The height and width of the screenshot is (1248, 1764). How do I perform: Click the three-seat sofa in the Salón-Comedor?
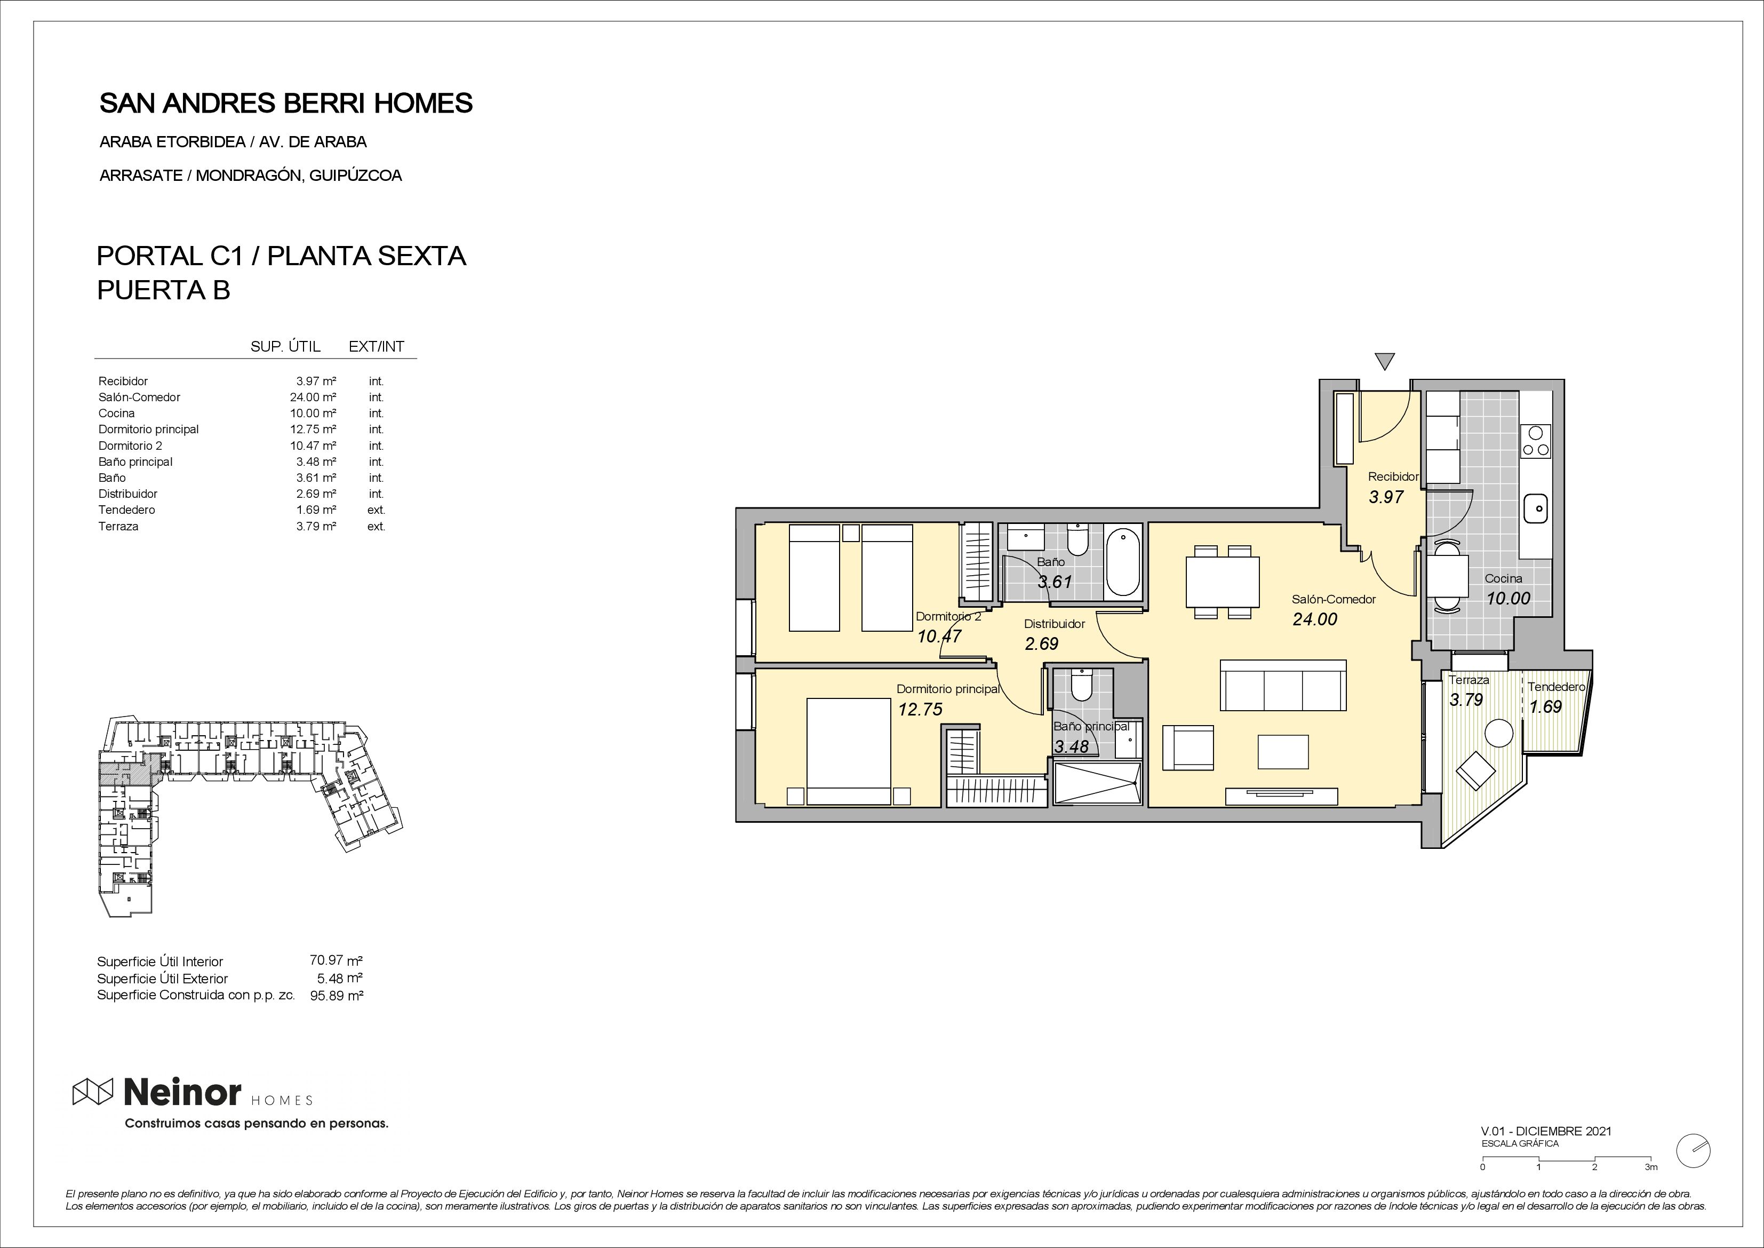tap(1283, 686)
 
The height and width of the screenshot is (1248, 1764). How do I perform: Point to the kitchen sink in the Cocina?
tap(1535, 507)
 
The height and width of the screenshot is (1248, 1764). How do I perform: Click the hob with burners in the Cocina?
tap(1535, 442)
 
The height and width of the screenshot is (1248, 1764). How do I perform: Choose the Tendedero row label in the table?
tap(127, 510)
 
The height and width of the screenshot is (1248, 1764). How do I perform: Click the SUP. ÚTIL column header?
tap(285, 346)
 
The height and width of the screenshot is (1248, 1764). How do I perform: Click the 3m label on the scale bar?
tap(1651, 1188)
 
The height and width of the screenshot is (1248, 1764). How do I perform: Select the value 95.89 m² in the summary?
tap(334, 995)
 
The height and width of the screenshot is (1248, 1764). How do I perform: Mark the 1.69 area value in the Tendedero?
tap(1545, 706)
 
